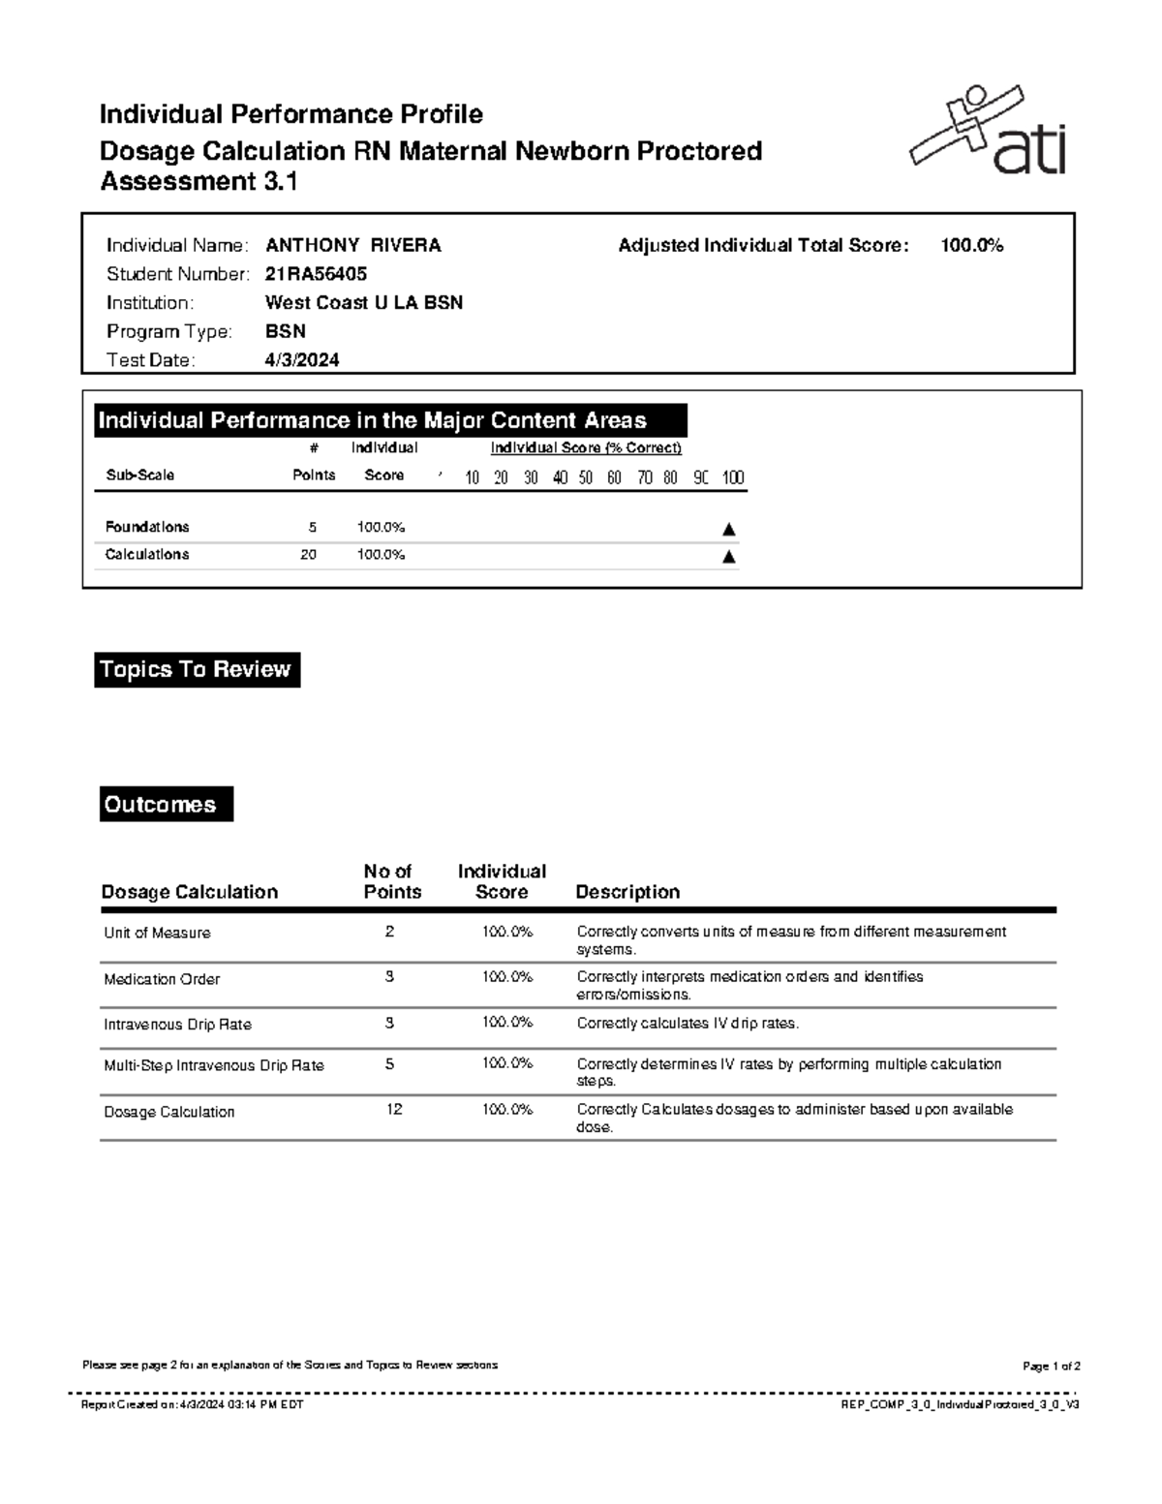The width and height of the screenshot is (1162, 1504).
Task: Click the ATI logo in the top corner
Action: click(x=988, y=132)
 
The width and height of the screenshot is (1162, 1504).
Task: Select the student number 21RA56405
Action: click(x=316, y=274)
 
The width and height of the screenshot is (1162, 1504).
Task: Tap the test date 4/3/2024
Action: click(x=302, y=360)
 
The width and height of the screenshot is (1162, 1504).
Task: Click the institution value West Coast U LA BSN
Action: click(x=364, y=303)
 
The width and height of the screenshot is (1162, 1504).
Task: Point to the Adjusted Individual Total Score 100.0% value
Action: click(x=971, y=246)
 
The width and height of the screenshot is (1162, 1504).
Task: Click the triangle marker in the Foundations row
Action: click(x=729, y=529)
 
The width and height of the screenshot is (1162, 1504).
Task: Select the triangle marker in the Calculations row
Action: click(x=729, y=556)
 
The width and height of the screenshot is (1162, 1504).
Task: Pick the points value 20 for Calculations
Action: click(x=308, y=555)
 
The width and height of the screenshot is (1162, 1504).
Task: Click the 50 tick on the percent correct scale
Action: click(x=586, y=477)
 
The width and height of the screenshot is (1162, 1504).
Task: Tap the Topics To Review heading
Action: click(x=197, y=670)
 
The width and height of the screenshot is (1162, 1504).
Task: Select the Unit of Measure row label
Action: click(x=157, y=934)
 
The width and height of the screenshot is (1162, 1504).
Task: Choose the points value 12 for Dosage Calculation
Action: click(x=393, y=1110)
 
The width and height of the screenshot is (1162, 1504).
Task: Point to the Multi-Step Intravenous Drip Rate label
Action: click(x=214, y=1065)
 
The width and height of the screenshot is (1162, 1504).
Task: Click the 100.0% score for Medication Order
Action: click(x=507, y=977)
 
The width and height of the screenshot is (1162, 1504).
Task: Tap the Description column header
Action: click(x=627, y=892)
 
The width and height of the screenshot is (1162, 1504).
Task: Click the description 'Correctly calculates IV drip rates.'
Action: click(x=688, y=1024)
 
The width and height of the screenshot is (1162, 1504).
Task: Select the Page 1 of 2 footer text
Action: click(x=1051, y=1366)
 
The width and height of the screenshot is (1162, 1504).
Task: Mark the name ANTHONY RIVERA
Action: click(x=353, y=246)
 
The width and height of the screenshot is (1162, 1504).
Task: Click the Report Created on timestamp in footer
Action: click(x=193, y=1404)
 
